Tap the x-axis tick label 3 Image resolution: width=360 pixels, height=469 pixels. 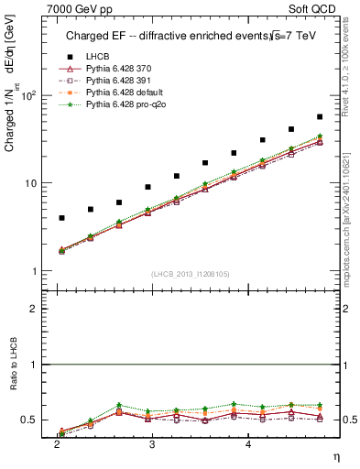point(152,443)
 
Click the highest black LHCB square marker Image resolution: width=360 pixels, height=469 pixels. point(319,117)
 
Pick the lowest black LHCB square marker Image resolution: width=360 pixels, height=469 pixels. point(61,218)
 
